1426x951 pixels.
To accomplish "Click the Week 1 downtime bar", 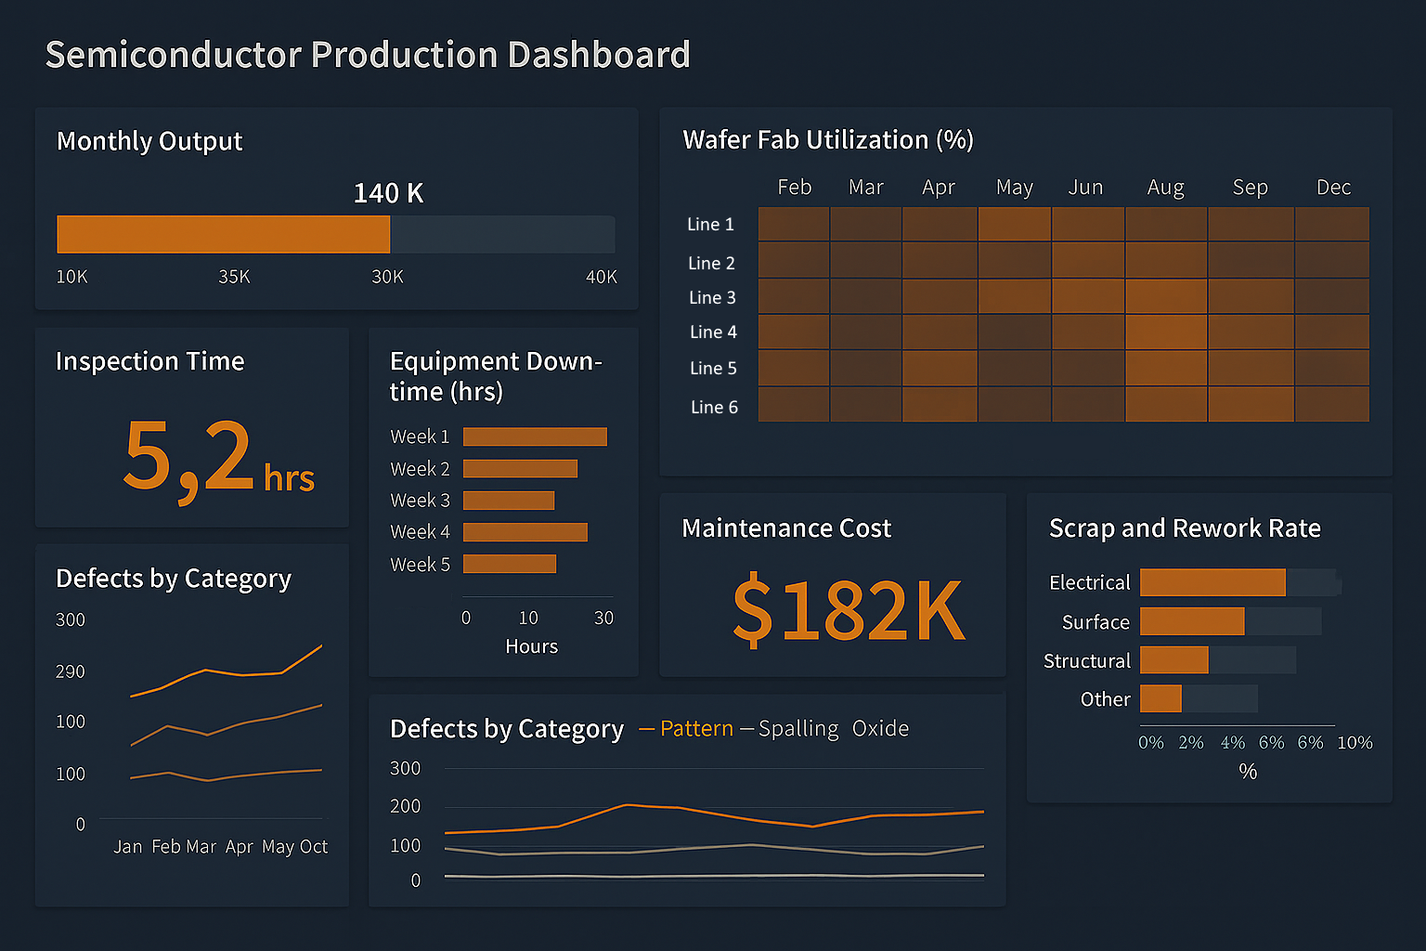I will tap(535, 436).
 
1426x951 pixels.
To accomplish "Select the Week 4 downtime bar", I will tap(525, 532).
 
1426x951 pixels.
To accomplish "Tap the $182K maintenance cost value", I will tap(849, 610).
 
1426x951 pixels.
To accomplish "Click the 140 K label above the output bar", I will tap(388, 193).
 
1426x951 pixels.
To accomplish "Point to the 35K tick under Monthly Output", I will tap(234, 277).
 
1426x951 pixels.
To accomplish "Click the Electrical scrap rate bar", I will tap(1212, 582).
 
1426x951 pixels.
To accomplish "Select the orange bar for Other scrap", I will tap(1160, 698).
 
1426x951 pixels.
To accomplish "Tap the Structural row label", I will tap(1087, 661).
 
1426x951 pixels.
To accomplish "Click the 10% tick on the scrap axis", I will tap(1355, 743).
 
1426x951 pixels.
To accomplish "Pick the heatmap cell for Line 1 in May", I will tap(1014, 224).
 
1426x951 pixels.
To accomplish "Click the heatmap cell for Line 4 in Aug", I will tap(1166, 332).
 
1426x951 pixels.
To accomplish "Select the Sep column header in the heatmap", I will tap(1250, 188).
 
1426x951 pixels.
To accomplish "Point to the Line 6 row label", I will tap(714, 407).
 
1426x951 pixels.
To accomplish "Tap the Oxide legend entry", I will tap(880, 729).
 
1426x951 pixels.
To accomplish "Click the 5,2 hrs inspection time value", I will tap(219, 458).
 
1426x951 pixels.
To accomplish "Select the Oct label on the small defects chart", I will tap(314, 847).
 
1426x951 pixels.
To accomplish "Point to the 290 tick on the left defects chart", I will tap(71, 671).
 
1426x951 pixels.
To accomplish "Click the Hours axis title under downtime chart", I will tap(531, 646).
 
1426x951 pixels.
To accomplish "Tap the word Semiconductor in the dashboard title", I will tap(173, 56).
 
